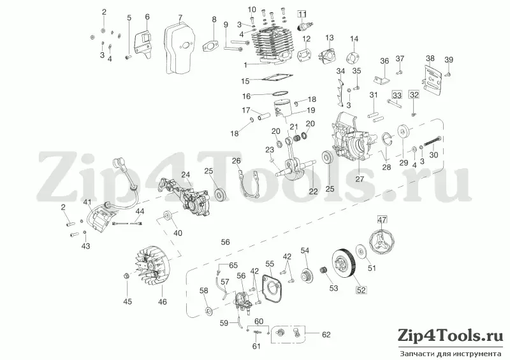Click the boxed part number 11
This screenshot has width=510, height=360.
tap(302, 14)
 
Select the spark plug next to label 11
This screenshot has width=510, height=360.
tap(305, 25)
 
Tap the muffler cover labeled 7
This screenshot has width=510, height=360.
tap(179, 48)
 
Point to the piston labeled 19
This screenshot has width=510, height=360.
tap(283, 108)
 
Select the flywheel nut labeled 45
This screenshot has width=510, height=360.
tap(127, 276)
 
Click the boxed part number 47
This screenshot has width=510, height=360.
tap(382, 220)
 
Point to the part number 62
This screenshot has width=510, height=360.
tap(326, 335)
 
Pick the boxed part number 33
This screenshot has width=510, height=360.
tap(397, 96)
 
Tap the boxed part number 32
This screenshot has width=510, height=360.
tap(414, 95)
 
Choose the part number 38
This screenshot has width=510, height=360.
tap(430, 59)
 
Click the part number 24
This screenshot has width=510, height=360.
tap(186, 175)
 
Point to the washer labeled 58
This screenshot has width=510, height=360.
tap(208, 311)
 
